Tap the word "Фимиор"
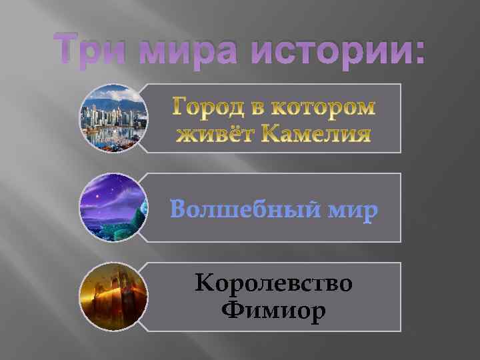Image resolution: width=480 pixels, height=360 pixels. coord(273,310)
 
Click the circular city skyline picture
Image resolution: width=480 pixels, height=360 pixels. coord(113,119)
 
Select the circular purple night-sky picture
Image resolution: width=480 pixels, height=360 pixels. coord(113,207)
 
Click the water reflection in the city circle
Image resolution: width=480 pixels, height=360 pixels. coord(110,137)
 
